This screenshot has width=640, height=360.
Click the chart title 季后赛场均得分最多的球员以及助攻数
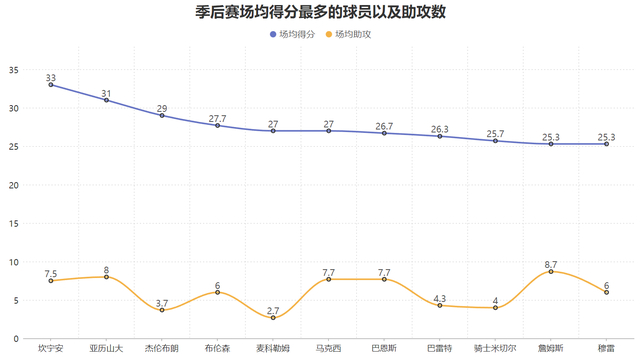point(320,13)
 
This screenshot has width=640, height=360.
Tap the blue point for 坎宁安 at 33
point(51,85)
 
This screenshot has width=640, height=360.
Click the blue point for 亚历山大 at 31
point(106,100)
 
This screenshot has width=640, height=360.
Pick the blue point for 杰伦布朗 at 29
point(162,116)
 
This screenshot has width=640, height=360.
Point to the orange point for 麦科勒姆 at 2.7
point(273,317)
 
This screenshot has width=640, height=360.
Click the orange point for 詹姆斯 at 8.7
point(550,271)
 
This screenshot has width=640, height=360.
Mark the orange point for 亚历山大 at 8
point(106,277)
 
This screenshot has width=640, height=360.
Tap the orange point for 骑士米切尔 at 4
point(495,307)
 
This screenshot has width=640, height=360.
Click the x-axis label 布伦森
point(217,349)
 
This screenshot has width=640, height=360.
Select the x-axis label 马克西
point(328,349)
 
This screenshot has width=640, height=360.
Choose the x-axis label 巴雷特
point(439,349)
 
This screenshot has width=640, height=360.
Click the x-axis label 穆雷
point(606,349)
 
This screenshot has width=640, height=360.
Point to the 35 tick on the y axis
point(14,70)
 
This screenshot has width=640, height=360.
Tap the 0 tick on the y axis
point(17,338)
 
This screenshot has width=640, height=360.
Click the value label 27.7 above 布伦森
point(217,118)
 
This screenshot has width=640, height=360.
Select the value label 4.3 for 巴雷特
point(439,297)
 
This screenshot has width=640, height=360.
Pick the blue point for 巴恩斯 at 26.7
point(384,133)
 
